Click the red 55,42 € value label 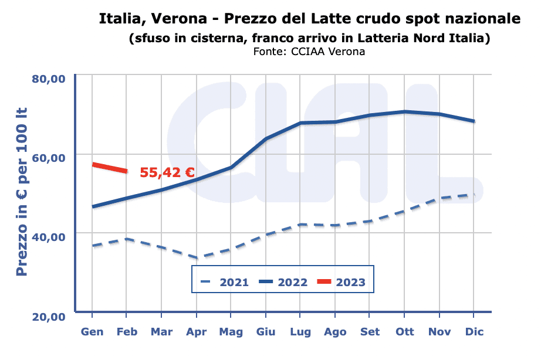pyautogui.click(x=167, y=172)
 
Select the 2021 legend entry pyautogui.click(x=225, y=282)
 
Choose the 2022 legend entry pyautogui.click(x=284, y=282)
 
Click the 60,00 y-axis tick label pyautogui.click(x=49, y=158)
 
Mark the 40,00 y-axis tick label pyautogui.click(x=49, y=237)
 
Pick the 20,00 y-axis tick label pyautogui.click(x=49, y=317)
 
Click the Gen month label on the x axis pyautogui.click(x=92, y=332)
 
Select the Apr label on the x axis pyautogui.click(x=197, y=332)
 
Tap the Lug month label pyautogui.click(x=300, y=332)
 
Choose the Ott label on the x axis pyautogui.click(x=404, y=332)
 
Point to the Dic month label pyautogui.click(x=474, y=332)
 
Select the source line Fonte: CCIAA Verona pyautogui.click(x=309, y=52)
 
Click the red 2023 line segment pyautogui.click(x=110, y=168)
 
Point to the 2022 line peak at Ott pyautogui.click(x=404, y=111)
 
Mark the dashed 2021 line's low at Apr pyautogui.click(x=197, y=257)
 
